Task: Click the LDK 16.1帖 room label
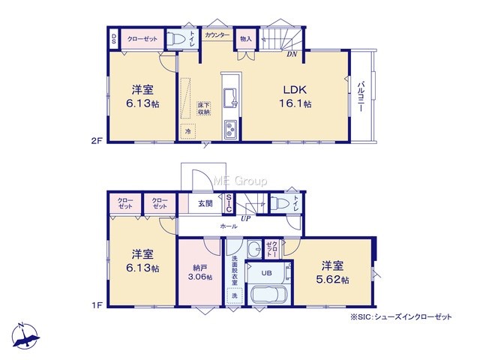[295, 97]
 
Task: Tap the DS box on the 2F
[113, 38]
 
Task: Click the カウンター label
[217, 35]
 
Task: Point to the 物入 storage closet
[246, 38]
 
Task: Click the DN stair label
[292, 55]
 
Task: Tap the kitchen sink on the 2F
[231, 97]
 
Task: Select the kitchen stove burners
[230, 129]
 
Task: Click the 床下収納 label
[203, 108]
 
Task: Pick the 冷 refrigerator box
[188, 132]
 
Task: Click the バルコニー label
[361, 96]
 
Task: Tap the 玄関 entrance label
[205, 203]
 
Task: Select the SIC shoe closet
[229, 203]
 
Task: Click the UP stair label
[245, 218]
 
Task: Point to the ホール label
[229, 226]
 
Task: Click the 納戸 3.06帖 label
[199, 272]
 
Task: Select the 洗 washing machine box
[235, 295]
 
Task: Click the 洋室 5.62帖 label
[332, 272]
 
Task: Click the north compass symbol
[25, 336]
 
